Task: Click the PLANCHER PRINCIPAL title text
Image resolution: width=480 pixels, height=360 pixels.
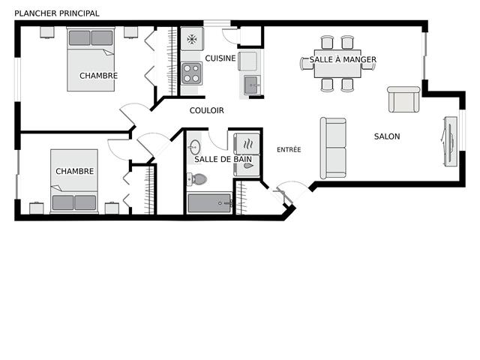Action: pos(57,13)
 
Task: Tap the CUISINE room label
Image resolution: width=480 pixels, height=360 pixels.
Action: pos(220,58)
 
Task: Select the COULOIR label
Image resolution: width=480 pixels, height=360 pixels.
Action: pos(207,110)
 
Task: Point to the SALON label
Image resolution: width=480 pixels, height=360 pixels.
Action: pos(387,136)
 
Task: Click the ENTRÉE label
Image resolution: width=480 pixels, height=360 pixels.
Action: pos(289,150)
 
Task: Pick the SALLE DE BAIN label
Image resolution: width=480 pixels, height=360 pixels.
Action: pos(223,159)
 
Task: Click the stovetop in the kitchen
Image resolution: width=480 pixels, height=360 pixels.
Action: pos(192,73)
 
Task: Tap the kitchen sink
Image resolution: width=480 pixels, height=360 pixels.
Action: pos(252,85)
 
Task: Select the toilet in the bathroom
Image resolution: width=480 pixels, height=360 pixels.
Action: pos(196,179)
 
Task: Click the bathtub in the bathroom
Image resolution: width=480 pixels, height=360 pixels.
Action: pos(209,203)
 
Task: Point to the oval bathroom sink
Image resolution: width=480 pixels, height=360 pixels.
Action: pos(195,147)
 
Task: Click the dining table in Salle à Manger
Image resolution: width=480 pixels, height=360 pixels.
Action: pos(337,64)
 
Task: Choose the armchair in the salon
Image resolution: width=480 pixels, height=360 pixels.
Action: pos(403,100)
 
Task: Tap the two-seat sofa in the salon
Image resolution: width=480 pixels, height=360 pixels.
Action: pos(333,148)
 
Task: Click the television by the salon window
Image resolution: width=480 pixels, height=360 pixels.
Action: pos(450,142)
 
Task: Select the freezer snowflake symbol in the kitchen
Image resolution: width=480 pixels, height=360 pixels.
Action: pos(192,39)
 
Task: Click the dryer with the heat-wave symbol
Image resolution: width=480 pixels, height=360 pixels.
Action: pos(247,143)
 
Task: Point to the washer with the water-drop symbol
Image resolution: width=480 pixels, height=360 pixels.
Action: pos(247,166)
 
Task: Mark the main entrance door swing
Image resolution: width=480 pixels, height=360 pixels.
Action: pos(291,190)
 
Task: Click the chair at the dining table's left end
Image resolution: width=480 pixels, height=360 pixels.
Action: pos(307,63)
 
